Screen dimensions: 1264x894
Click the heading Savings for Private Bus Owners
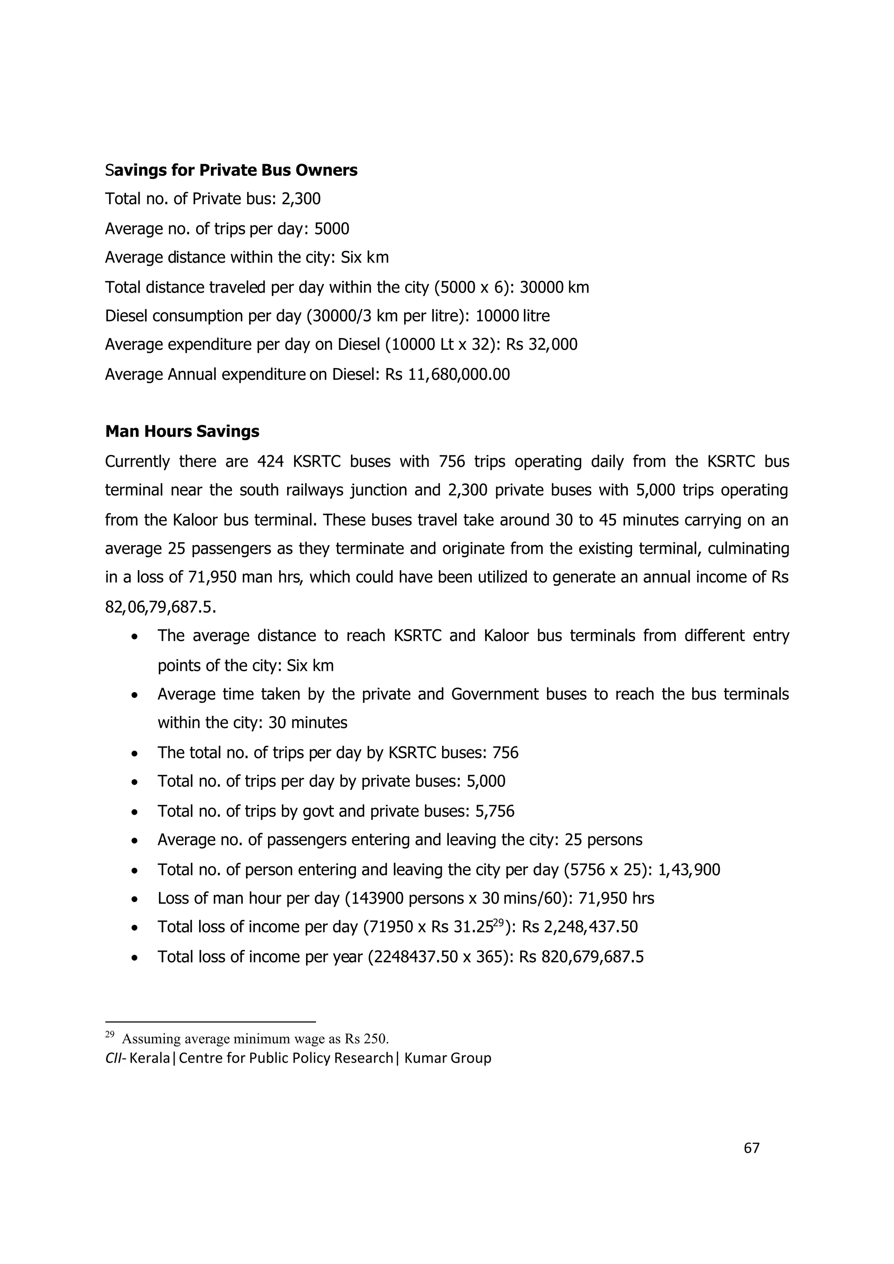point(231,171)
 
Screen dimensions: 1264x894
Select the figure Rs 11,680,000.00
point(447,374)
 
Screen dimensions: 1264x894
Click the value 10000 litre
point(512,316)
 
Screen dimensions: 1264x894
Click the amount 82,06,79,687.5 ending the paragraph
point(160,607)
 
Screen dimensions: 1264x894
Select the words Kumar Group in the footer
point(447,1058)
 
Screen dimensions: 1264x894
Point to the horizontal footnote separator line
point(210,1022)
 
